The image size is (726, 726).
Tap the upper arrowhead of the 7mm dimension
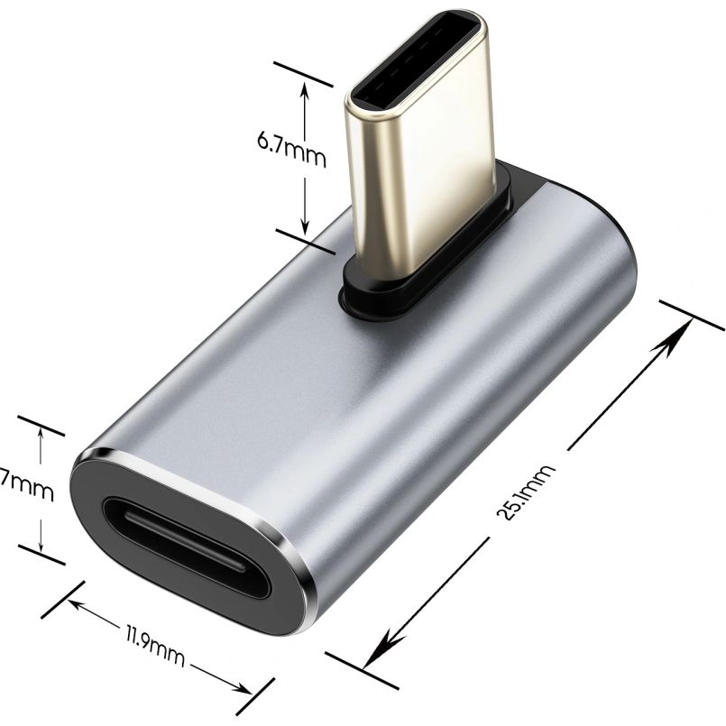pyautogui.click(x=41, y=437)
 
